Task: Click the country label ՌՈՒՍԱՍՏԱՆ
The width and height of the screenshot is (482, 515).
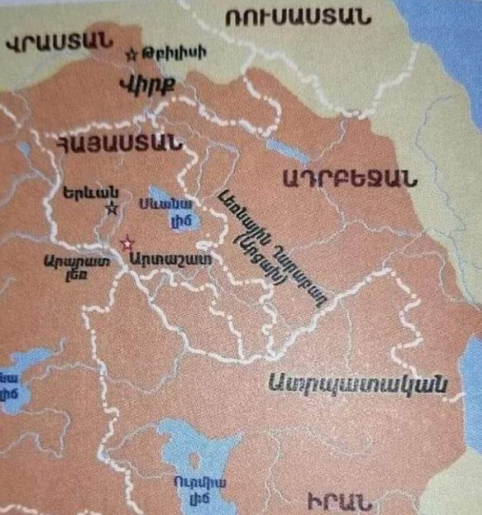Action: pyautogui.click(x=296, y=18)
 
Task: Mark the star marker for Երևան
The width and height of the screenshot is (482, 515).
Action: pyautogui.click(x=111, y=208)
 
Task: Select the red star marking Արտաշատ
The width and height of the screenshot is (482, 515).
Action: pyautogui.click(x=129, y=240)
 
